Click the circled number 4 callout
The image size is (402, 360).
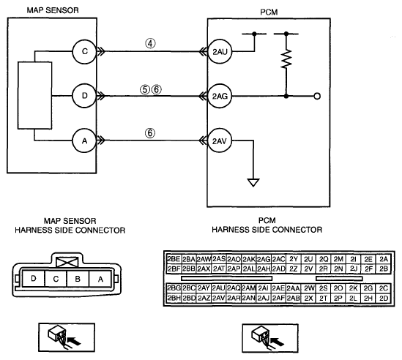[151, 43]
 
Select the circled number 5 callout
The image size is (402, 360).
[145, 90]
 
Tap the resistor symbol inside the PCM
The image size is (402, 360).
[286, 59]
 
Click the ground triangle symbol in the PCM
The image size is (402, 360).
[253, 182]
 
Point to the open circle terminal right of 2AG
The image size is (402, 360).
[317, 96]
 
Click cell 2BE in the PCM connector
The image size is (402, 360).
[174, 259]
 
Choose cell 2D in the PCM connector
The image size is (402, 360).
[384, 299]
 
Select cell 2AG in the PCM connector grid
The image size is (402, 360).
[264, 259]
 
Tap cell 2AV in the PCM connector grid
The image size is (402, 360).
[219, 299]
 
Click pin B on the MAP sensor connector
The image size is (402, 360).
[78, 279]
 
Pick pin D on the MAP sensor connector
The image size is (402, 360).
[34, 279]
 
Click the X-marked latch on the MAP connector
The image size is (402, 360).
[67, 263]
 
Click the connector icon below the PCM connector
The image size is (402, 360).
[270, 338]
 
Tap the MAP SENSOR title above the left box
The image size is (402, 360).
[53, 10]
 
